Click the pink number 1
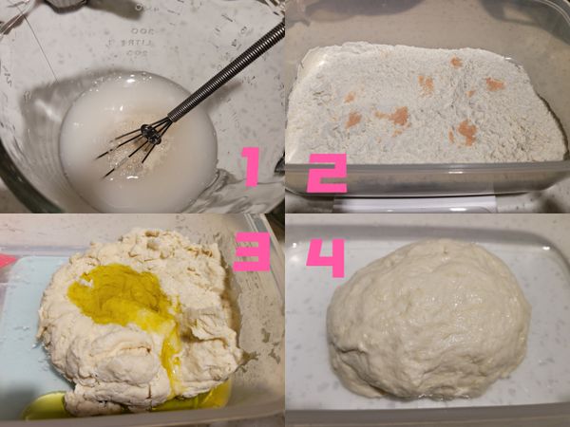(x=251, y=167)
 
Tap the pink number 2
(x=327, y=173)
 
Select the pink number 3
(x=252, y=251)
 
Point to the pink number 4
(x=325, y=258)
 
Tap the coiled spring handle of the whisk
(x=227, y=73)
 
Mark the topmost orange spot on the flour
(x=456, y=62)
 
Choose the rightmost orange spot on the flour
(x=495, y=84)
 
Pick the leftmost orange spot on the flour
(x=350, y=97)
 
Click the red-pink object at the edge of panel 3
(x=8, y=261)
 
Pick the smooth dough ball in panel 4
(x=429, y=320)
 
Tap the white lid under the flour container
(x=414, y=204)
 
